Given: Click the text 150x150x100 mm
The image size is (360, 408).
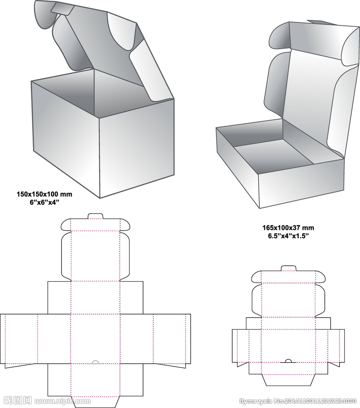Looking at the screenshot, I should (x=44, y=194).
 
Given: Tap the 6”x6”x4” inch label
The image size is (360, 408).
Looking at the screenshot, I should (x=44, y=202).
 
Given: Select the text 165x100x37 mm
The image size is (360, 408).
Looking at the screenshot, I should (x=288, y=228).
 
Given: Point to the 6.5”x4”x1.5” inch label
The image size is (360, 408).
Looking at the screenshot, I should (x=288, y=235).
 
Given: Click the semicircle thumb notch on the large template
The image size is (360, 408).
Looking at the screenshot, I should (x=96, y=362).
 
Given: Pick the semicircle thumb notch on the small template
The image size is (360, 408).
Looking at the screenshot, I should (x=289, y=361).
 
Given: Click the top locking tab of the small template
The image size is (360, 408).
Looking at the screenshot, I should (x=289, y=268).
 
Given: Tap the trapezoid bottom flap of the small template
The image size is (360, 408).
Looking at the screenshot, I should (x=288, y=380).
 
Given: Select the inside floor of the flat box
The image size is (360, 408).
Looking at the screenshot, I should (x=275, y=153).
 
